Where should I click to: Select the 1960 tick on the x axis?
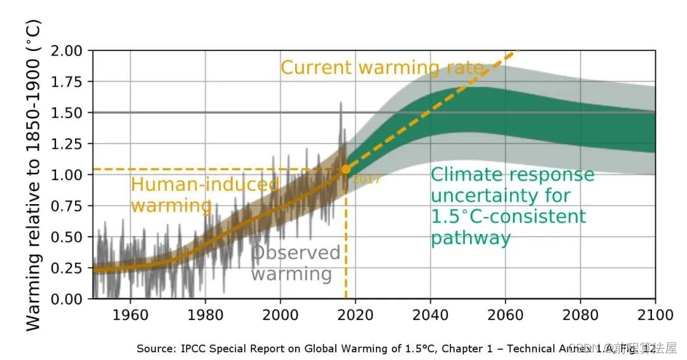pyautogui.click(x=130, y=315)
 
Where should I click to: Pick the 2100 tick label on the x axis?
pyautogui.click(x=655, y=315)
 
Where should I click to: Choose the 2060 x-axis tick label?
pyautogui.click(x=505, y=315)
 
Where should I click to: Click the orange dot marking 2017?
pyautogui.click(x=346, y=169)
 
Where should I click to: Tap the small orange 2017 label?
pyautogui.click(x=367, y=179)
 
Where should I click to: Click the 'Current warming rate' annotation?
pyautogui.click(x=382, y=68)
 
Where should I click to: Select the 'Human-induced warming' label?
pyautogui.click(x=204, y=195)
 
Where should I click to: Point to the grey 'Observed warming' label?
pyautogui.click(x=295, y=263)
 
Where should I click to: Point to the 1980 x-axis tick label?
pyautogui.click(x=205, y=315)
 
